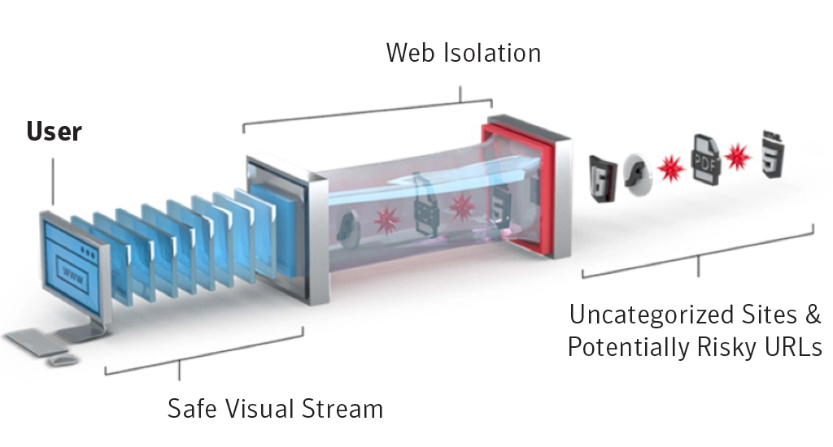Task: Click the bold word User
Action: coord(55,132)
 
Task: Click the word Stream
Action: coord(342,409)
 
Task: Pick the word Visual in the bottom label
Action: coord(259,409)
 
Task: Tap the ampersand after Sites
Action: coord(813,315)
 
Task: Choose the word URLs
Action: coord(793,347)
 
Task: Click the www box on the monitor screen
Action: coord(72,275)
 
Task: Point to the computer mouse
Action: coord(63,361)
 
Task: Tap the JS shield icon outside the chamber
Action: coord(603,178)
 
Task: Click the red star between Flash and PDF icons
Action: coord(671,168)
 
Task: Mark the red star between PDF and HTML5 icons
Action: coord(738,157)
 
